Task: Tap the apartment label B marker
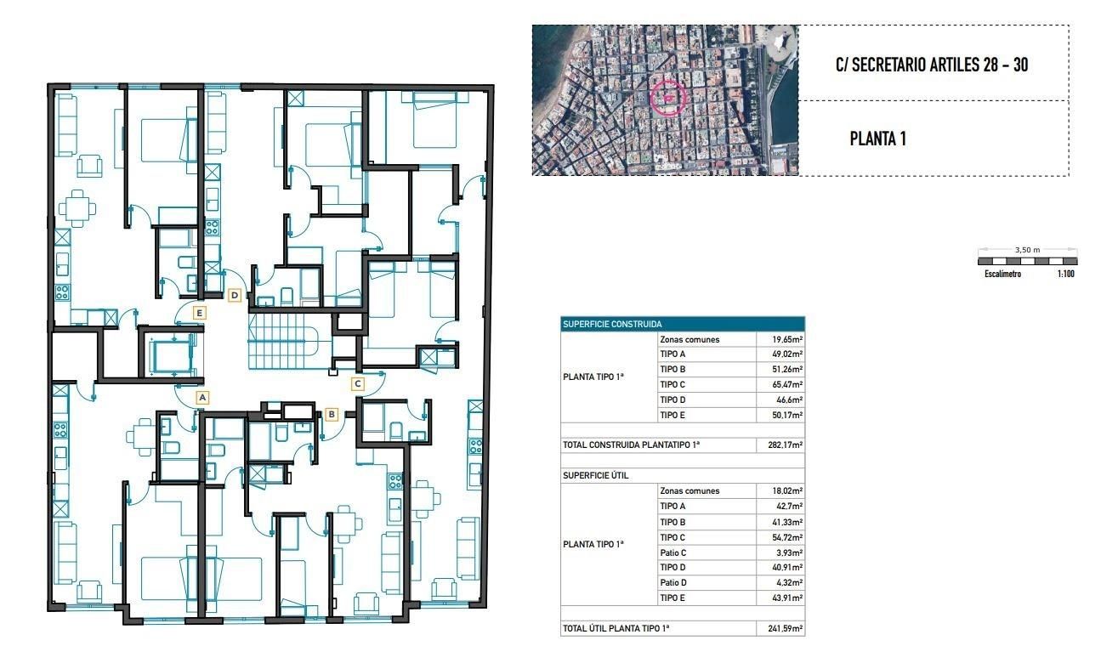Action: [332, 415]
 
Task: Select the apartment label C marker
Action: [357, 383]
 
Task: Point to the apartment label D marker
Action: [236, 296]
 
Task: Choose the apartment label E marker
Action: [200, 313]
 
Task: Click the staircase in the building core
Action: [282, 340]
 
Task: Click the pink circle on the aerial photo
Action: [669, 98]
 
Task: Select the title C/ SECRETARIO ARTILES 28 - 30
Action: [932, 65]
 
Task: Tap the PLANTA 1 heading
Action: [877, 139]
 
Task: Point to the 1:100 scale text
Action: [1064, 275]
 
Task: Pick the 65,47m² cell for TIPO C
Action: [780, 385]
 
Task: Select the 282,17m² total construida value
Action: [780, 445]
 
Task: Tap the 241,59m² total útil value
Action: [780, 629]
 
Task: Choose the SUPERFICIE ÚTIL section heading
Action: [596, 475]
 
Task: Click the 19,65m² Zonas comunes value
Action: [780, 340]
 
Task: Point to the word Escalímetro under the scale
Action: [1002, 275]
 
